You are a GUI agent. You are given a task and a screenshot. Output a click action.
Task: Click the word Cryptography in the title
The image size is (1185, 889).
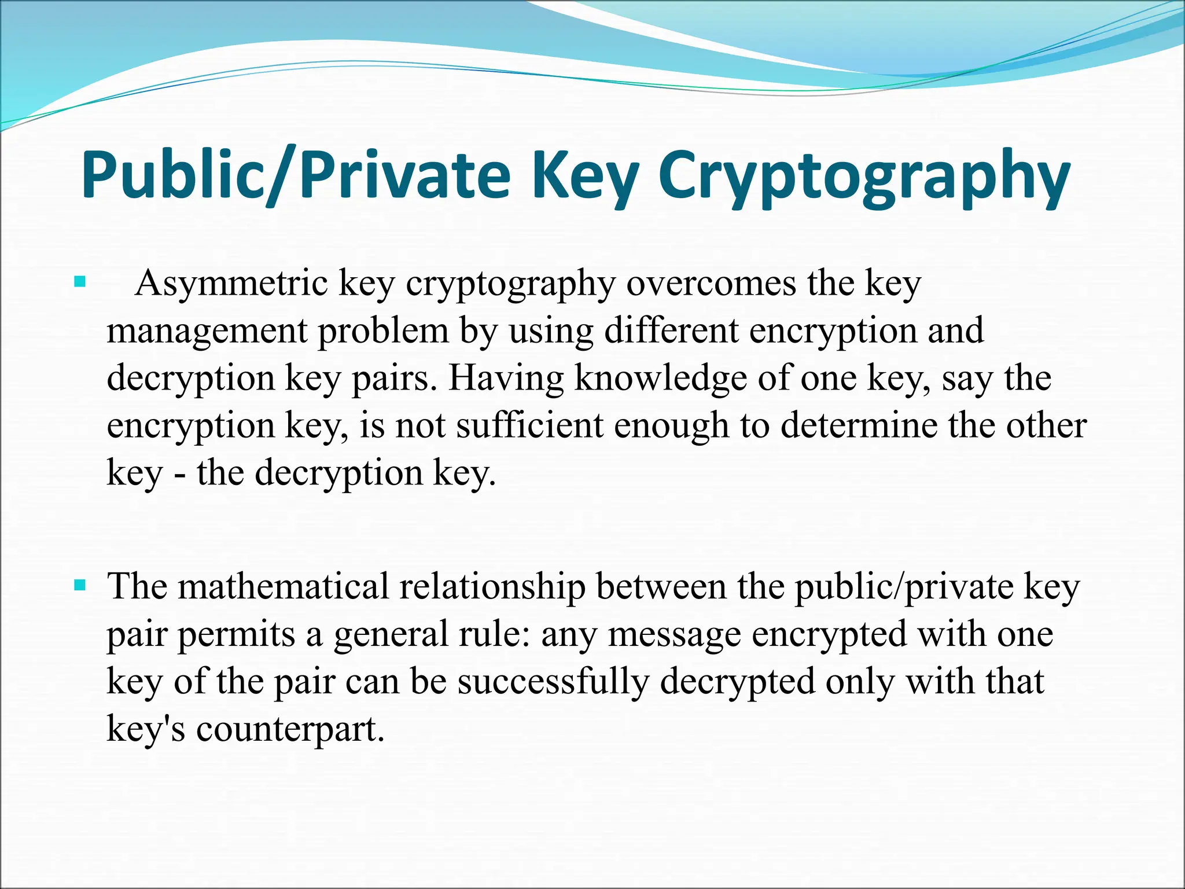(863, 175)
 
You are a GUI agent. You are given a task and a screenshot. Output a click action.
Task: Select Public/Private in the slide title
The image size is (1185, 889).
(296, 175)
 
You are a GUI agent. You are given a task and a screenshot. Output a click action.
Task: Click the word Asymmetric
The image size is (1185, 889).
(231, 284)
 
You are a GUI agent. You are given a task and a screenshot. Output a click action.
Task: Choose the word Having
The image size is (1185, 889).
(506, 379)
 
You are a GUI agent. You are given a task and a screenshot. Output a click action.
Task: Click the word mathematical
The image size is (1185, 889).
(283, 586)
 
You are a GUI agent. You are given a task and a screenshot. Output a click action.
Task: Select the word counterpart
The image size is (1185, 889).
(290, 729)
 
